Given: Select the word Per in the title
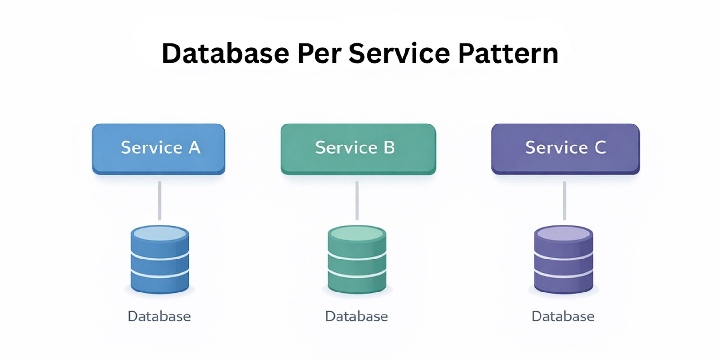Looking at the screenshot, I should (x=319, y=54).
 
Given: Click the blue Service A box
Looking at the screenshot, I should (x=158, y=148).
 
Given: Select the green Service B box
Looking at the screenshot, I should (x=358, y=148).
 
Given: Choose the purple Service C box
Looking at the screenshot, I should (x=565, y=148).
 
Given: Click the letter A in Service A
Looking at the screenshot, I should (x=193, y=147).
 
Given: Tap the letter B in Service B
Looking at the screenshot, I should (x=389, y=147).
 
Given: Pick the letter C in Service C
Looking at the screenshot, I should (x=599, y=147).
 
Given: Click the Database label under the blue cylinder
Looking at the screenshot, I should (x=159, y=316).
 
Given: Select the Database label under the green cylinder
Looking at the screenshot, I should (x=357, y=316).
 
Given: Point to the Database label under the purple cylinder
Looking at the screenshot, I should (x=563, y=316).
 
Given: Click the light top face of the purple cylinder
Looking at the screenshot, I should (x=563, y=234).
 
